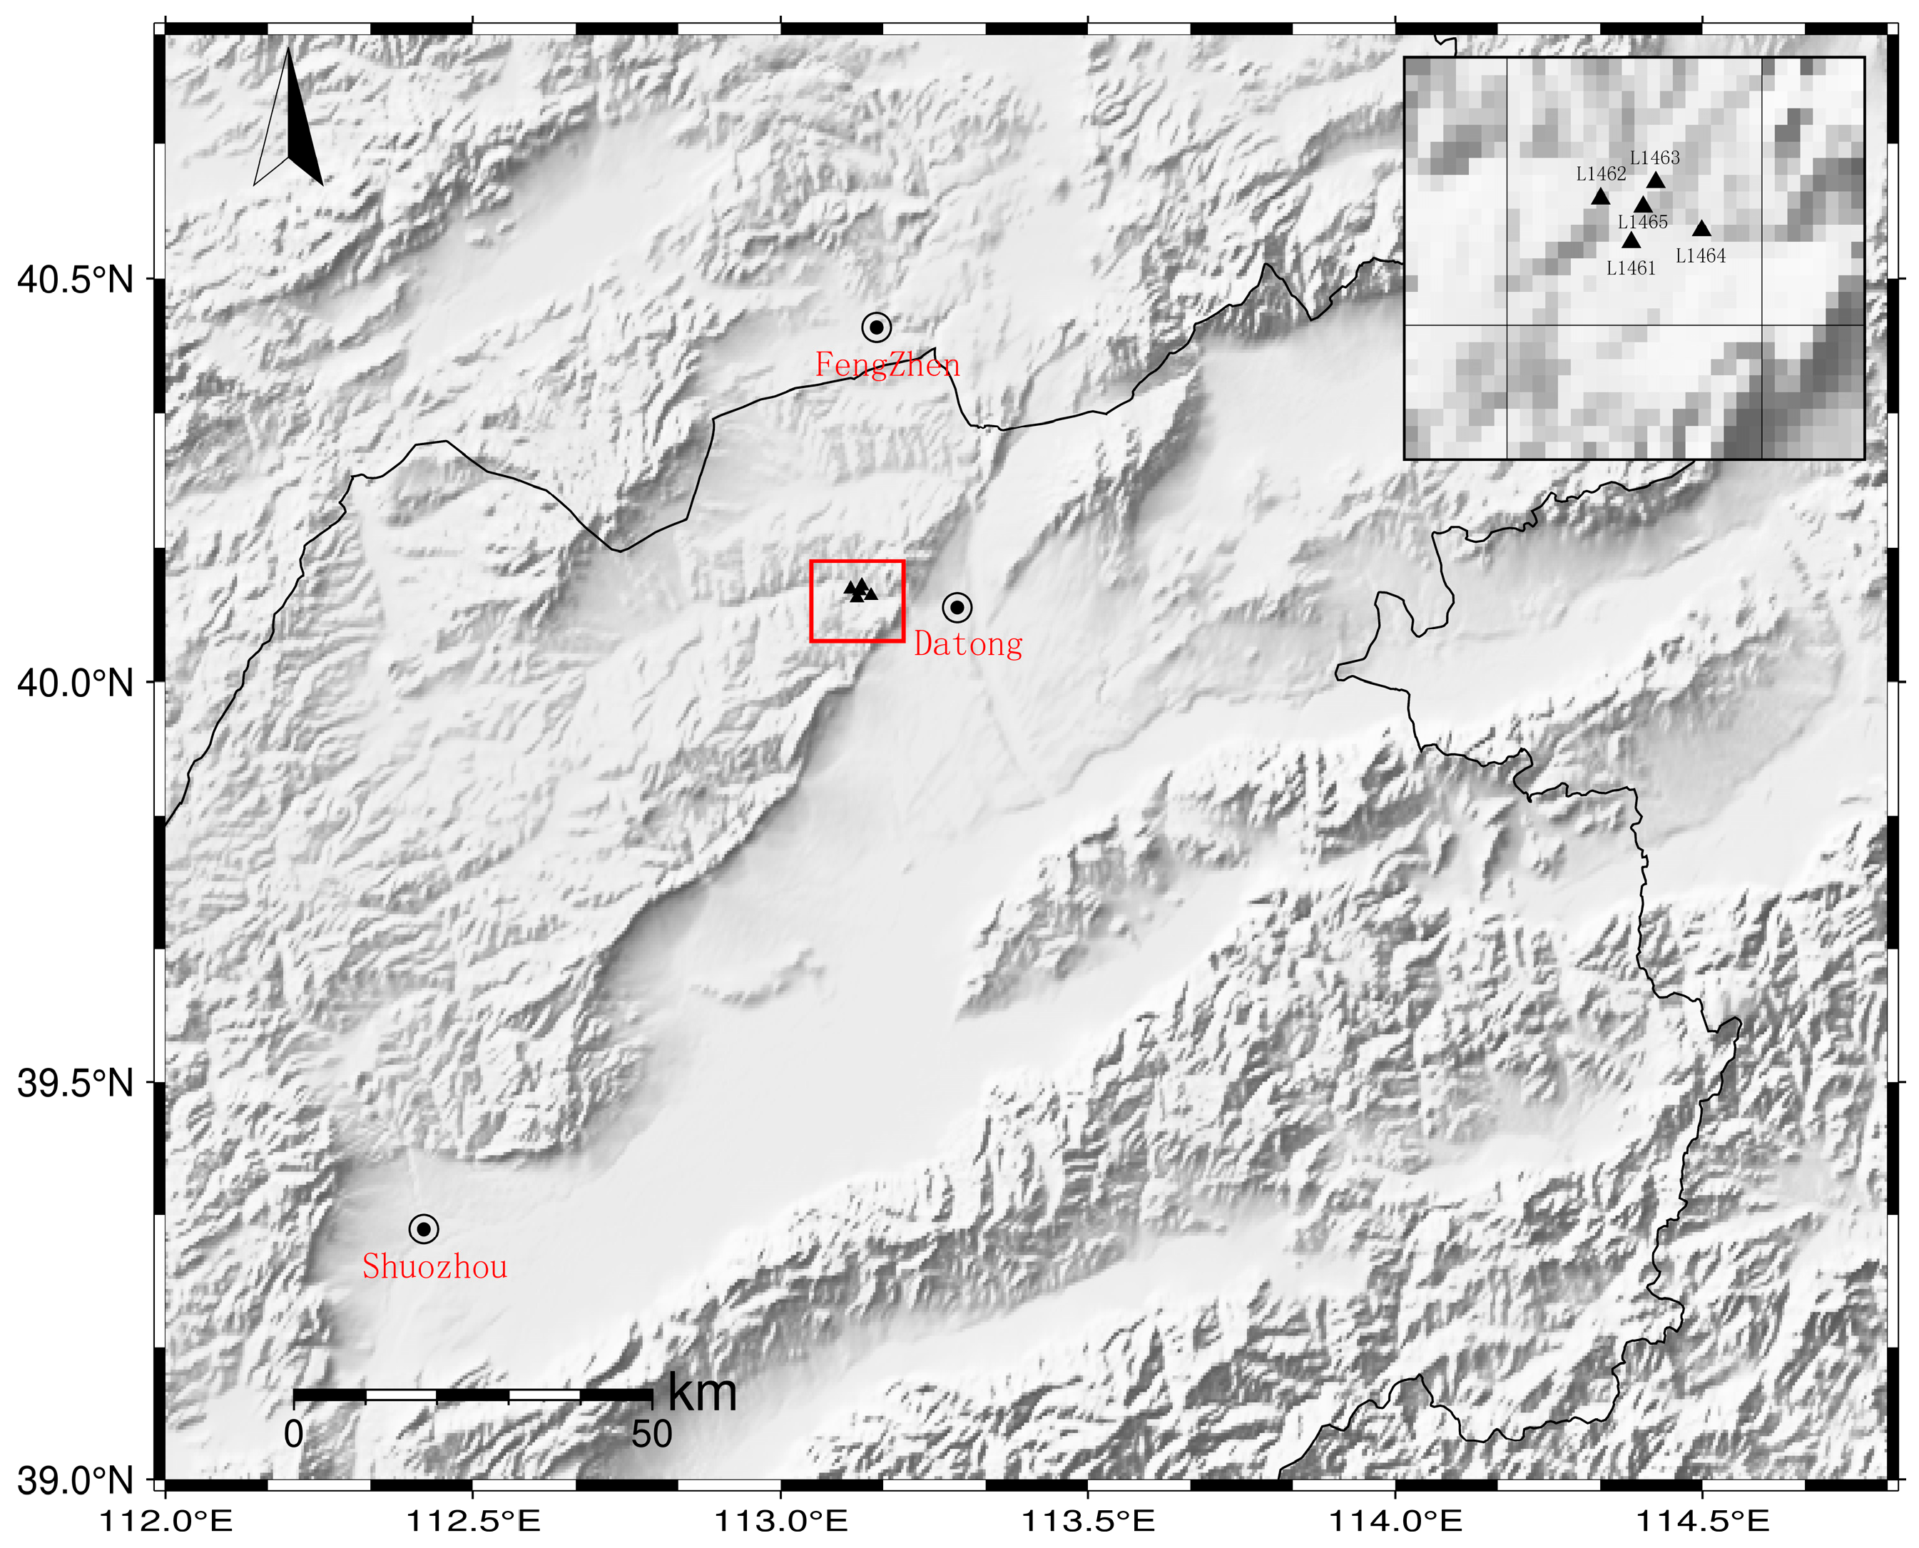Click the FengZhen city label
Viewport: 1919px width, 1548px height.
pyautogui.click(x=887, y=365)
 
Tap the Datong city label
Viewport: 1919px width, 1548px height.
pyautogui.click(x=969, y=643)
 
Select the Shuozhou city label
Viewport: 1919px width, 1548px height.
pyautogui.click(x=434, y=1266)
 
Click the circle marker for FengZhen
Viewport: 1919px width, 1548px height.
pyautogui.click(x=877, y=327)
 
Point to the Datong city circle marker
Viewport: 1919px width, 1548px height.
pyautogui.click(x=957, y=608)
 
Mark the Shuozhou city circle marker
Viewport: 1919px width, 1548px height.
pyautogui.click(x=424, y=1228)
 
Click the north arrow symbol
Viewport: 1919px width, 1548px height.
pyautogui.click(x=288, y=121)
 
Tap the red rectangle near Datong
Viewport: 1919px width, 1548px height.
pyautogui.click(x=857, y=601)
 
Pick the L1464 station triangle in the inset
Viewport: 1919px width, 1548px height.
pyautogui.click(x=1701, y=229)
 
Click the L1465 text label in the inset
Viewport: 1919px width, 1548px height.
pyautogui.click(x=1642, y=222)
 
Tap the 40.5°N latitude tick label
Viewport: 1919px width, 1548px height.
pyautogui.click(x=75, y=280)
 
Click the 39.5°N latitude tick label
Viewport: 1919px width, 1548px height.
pyautogui.click(x=75, y=1084)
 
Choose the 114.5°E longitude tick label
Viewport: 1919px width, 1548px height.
pyautogui.click(x=1704, y=1521)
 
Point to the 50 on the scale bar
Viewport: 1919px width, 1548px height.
pyautogui.click(x=652, y=1435)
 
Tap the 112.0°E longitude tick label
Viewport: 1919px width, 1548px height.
pyautogui.click(x=167, y=1521)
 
